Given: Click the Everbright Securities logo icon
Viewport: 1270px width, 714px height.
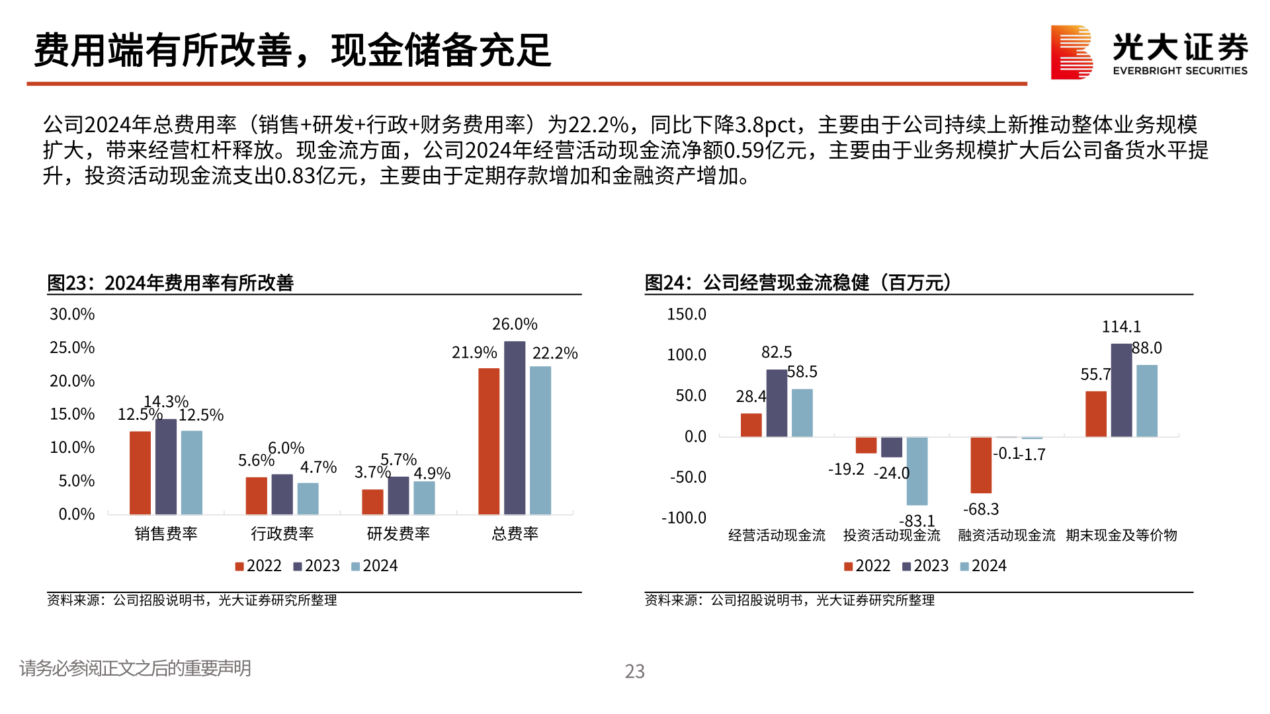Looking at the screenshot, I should point(1071,52).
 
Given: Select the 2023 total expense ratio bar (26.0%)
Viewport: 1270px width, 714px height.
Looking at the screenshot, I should point(515,428).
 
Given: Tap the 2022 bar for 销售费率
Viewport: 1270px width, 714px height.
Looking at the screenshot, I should point(140,473).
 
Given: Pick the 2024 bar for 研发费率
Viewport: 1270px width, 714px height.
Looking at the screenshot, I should point(424,498).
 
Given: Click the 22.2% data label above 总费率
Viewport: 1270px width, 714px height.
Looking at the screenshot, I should point(555,354).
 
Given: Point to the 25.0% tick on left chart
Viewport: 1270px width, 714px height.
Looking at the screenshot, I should point(72,348).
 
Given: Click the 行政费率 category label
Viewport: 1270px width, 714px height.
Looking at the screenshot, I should point(282,534).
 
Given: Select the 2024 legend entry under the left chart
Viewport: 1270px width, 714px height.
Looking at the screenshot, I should point(374,566).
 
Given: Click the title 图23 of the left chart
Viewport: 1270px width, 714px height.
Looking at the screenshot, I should point(170,283).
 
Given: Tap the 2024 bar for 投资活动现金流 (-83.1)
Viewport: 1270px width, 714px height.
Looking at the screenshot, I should point(917,471).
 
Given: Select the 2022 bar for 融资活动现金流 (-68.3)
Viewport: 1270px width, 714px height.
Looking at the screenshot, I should point(981,465).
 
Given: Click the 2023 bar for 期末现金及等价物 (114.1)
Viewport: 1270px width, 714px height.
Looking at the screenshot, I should point(1121,390).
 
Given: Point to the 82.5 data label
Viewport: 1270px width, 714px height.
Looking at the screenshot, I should point(777,352).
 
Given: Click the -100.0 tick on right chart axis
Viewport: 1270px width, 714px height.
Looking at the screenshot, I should point(684,518).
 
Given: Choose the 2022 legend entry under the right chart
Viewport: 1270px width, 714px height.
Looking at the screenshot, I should point(867,566).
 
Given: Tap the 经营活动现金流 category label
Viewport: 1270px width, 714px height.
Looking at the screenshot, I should point(777,535).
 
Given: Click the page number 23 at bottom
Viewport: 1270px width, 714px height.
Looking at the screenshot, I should point(634,671).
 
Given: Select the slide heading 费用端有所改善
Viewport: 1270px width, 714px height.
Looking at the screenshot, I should point(162,50).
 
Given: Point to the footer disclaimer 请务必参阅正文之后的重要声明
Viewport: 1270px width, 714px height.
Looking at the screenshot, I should point(135,668).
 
